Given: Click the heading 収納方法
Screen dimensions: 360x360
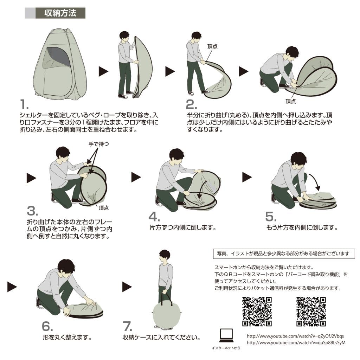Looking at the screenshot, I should tap(60, 13).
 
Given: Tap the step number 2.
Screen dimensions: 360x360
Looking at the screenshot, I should tap(191, 105).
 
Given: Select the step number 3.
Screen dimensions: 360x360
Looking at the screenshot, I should tap(32, 211).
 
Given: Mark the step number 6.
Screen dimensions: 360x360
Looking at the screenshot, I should tap(47, 326).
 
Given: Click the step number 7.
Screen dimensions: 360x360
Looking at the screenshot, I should tap(127, 326).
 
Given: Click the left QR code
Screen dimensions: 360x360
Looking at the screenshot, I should tap(257, 311).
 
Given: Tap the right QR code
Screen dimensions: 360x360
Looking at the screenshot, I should tap(311, 311).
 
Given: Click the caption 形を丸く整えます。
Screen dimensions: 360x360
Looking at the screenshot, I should tap(67, 338).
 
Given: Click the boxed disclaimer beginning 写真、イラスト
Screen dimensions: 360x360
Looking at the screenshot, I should tap(284, 253).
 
